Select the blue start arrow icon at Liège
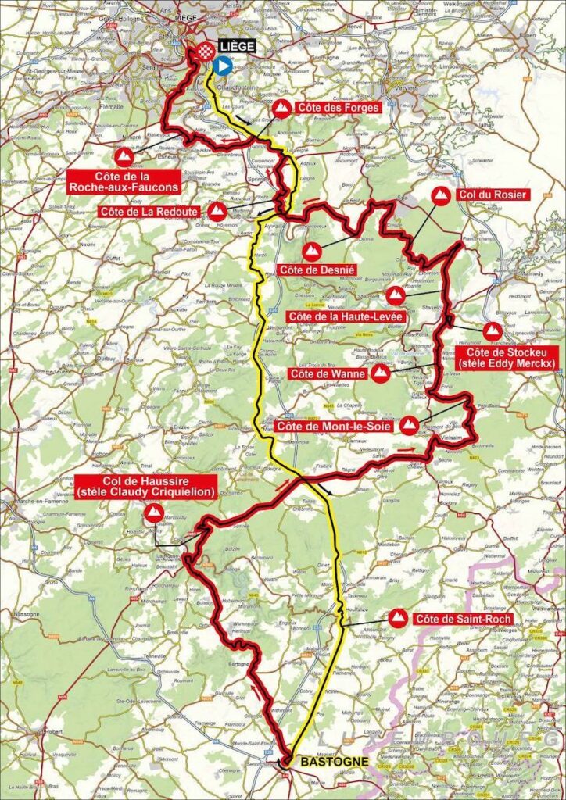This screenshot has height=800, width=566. [221, 67]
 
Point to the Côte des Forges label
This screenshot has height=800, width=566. [342, 107]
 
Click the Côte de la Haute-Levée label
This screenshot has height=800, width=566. [345, 316]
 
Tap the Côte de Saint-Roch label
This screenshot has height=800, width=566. [464, 620]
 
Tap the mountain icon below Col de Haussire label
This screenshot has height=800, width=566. [154, 513]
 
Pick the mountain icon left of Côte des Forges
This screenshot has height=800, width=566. [283, 108]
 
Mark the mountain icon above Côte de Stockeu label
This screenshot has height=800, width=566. [492, 331]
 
